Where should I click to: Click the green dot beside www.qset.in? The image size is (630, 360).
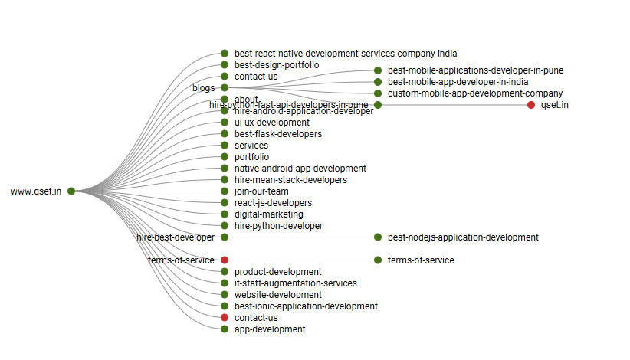(71, 191)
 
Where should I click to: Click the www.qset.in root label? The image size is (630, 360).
(36, 191)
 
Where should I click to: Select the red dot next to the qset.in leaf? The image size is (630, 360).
(531, 105)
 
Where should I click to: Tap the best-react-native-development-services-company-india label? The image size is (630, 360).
(346, 54)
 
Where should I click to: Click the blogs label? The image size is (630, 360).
(204, 88)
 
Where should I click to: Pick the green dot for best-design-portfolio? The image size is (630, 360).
(225, 65)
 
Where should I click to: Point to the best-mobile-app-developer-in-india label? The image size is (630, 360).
(458, 82)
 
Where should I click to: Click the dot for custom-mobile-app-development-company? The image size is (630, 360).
(378, 93)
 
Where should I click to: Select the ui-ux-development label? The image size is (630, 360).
(272, 123)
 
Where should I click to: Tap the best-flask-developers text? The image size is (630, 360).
(278, 134)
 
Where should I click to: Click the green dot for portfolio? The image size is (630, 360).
(225, 157)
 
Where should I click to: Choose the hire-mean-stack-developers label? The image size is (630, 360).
(290, 180)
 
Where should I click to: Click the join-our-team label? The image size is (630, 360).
(261, 191)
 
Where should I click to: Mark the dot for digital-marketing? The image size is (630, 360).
(225, 214)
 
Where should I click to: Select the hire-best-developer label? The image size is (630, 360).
(176, 237)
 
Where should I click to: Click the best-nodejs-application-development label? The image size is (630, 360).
(463, 237)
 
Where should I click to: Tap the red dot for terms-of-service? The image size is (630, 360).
(225, 260)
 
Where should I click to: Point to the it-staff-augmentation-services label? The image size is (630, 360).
(296, 283)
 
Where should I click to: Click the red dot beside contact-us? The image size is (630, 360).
(225, 318)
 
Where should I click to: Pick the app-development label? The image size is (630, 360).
(270, 329)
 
